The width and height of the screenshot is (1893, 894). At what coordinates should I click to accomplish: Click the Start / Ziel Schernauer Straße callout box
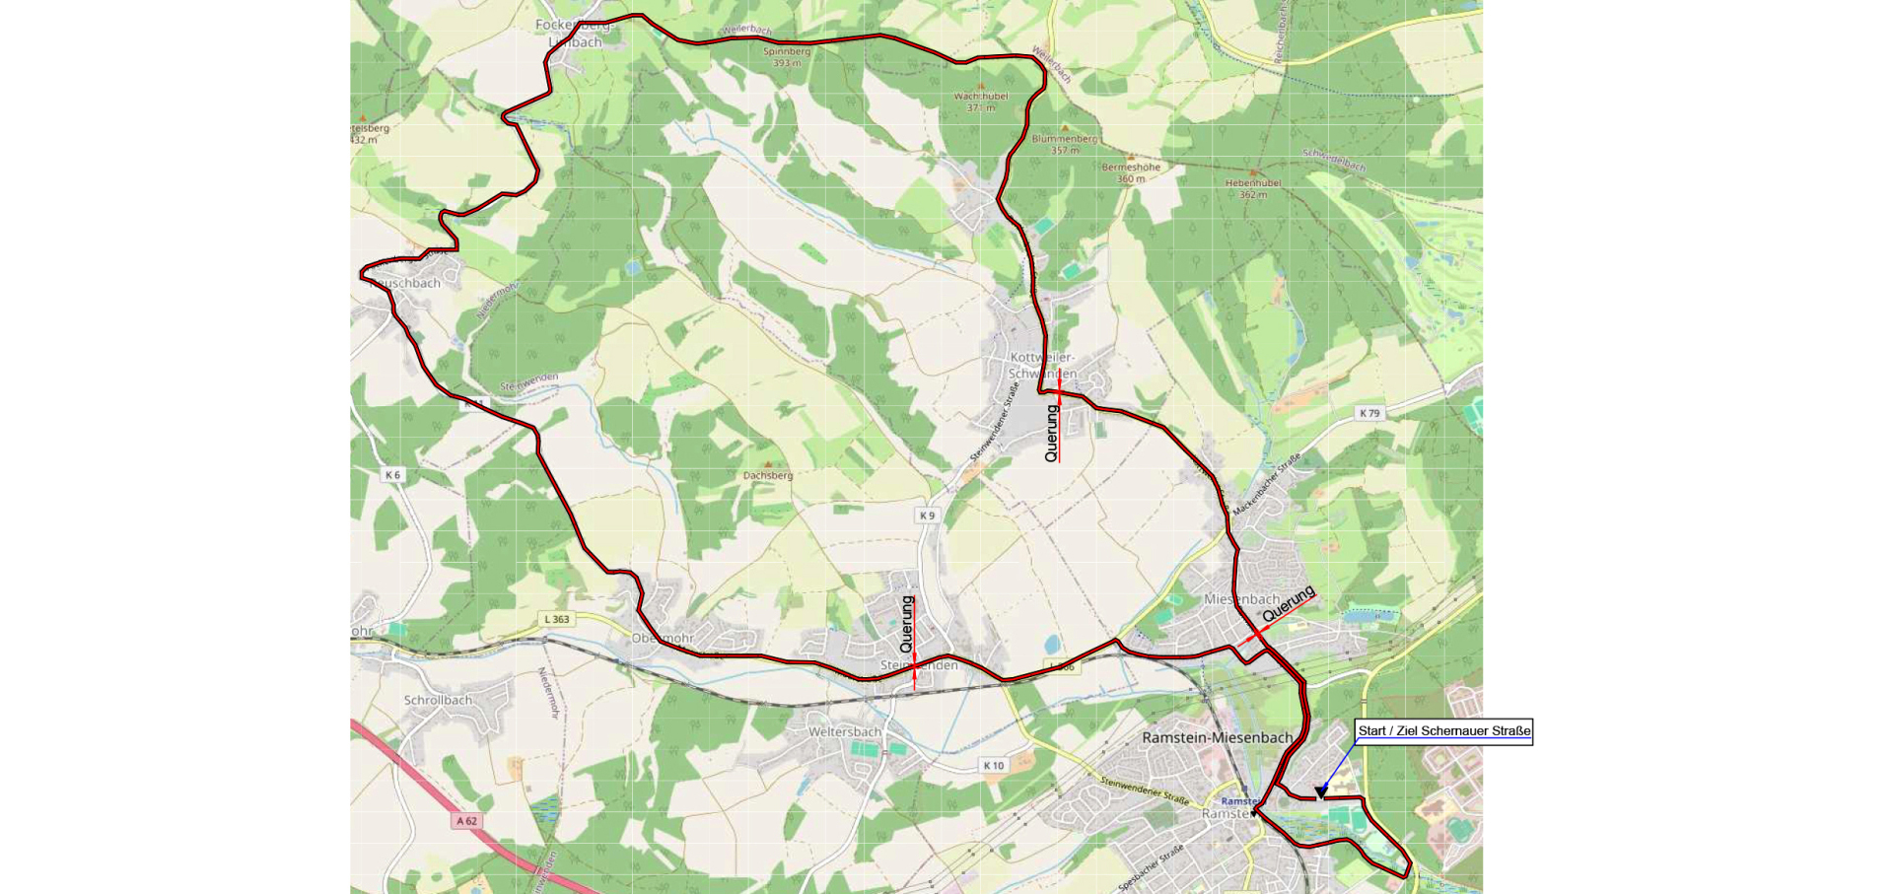1444,731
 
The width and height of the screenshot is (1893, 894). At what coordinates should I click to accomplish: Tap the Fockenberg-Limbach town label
574,34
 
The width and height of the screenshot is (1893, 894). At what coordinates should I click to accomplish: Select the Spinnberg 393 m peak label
787,57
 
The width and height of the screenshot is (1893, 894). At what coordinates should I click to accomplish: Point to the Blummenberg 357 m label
1065,144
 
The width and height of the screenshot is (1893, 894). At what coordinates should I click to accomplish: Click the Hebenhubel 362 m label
1253,188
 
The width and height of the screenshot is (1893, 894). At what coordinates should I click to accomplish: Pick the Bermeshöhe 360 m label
1131,172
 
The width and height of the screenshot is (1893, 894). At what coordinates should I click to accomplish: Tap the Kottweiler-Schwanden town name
1042,365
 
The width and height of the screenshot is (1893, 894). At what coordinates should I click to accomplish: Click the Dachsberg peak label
768,475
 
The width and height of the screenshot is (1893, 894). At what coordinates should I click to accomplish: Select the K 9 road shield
927,516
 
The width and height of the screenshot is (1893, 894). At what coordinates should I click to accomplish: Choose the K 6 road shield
392,475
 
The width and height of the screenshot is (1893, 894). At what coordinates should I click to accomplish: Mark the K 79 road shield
1369,413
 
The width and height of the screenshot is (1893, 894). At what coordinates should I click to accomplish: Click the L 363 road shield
556,619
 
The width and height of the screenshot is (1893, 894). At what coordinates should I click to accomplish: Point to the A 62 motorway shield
466,820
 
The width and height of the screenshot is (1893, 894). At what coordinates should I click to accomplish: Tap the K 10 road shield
993,765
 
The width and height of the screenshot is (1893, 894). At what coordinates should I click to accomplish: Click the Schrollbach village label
438,700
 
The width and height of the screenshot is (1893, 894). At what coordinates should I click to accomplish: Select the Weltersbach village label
844,731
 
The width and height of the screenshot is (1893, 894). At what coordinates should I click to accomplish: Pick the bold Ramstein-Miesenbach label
1217,737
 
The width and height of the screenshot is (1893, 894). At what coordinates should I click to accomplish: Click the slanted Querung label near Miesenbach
1289,603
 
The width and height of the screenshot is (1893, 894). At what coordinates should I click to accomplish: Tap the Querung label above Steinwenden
907,624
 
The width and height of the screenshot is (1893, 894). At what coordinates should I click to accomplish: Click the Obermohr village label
663,638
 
